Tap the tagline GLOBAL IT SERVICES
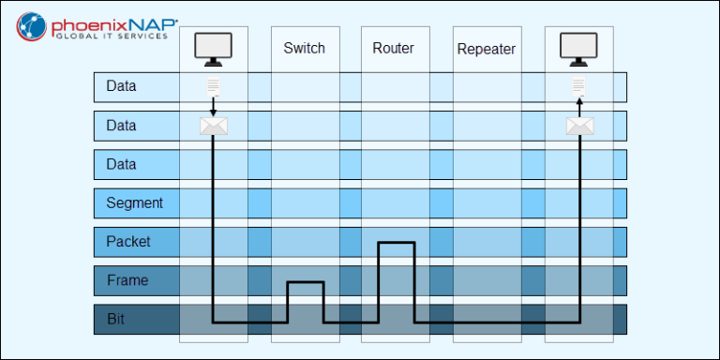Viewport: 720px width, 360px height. [112, 37]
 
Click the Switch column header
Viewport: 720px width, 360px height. [304, 48]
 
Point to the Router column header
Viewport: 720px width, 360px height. [393, 48]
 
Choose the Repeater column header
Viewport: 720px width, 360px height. [486, 49]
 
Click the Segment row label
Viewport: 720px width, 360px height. [134, 202]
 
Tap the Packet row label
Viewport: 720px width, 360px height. [127, 241]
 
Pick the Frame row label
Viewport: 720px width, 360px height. [127, 280]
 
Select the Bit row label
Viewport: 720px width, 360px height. [115, 319]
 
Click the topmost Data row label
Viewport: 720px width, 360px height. [121, 86]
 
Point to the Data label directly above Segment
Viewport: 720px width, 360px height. [121, 164]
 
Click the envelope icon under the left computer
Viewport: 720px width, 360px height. [214, 126]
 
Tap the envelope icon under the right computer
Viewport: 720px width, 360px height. [579, 126]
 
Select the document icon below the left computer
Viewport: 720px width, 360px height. [214, 88]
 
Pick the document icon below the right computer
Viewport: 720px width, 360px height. [579, 88]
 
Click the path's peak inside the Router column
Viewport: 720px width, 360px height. [396, 243]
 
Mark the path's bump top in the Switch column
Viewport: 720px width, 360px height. [305, 281]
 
